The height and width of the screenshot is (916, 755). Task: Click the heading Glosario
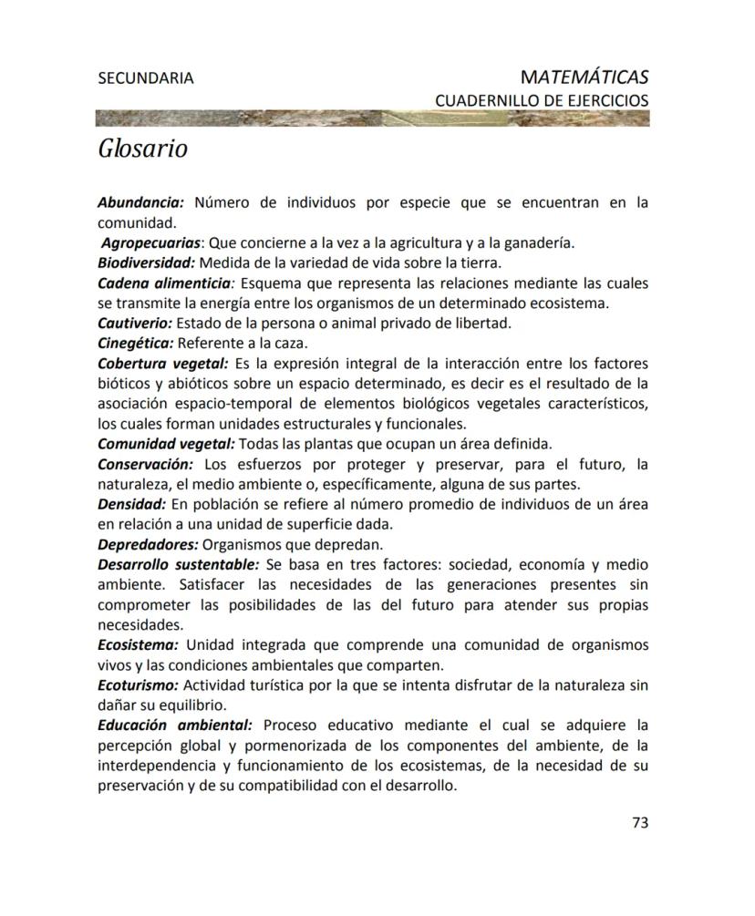[142, 148]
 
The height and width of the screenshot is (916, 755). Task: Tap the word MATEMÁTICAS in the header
[584, 77]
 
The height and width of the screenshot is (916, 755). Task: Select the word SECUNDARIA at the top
[145, 78]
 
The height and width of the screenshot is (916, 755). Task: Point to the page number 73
[639, 822]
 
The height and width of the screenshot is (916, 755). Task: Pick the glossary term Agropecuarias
[150, 242]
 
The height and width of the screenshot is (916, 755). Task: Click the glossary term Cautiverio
[135, 323]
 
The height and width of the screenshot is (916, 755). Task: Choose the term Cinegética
[135, 343]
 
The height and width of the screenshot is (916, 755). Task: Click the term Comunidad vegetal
[166, 444]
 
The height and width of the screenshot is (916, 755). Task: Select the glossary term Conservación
[145, 464]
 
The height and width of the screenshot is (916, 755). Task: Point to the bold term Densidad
[132, 504]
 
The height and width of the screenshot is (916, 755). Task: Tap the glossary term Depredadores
[148, 544]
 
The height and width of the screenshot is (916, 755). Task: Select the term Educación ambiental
[174, 725]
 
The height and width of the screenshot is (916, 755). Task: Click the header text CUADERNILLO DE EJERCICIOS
[542, 99]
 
